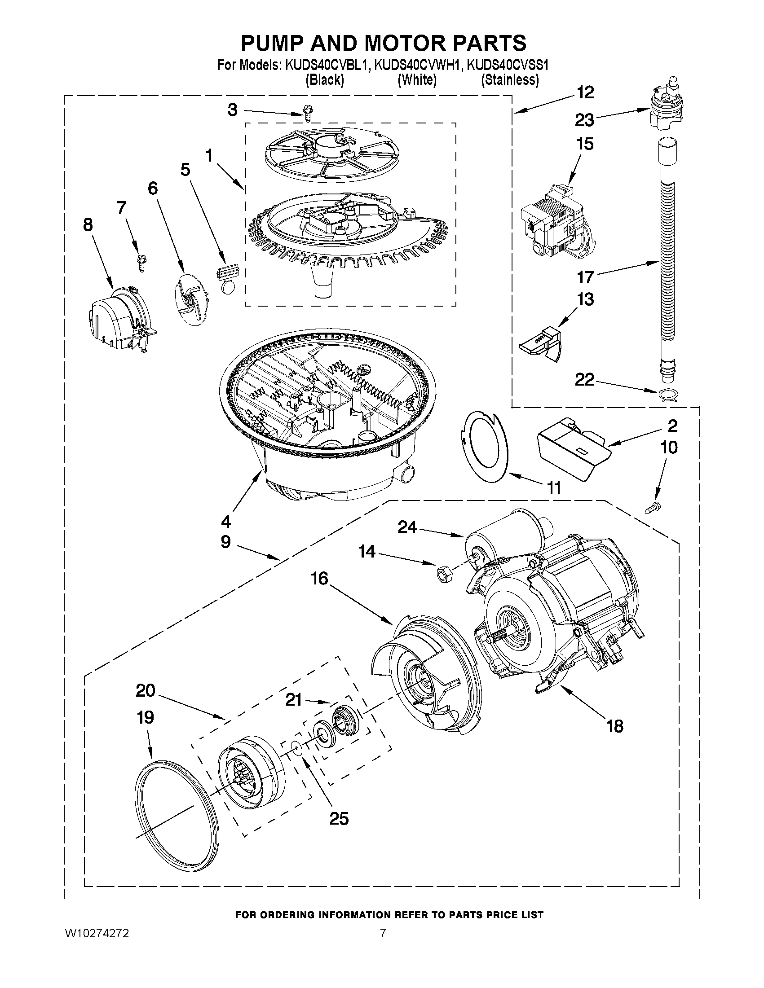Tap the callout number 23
(584, 120)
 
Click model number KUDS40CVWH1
(418, 66)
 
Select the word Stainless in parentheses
(510, 80)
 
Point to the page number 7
(383, 933)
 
